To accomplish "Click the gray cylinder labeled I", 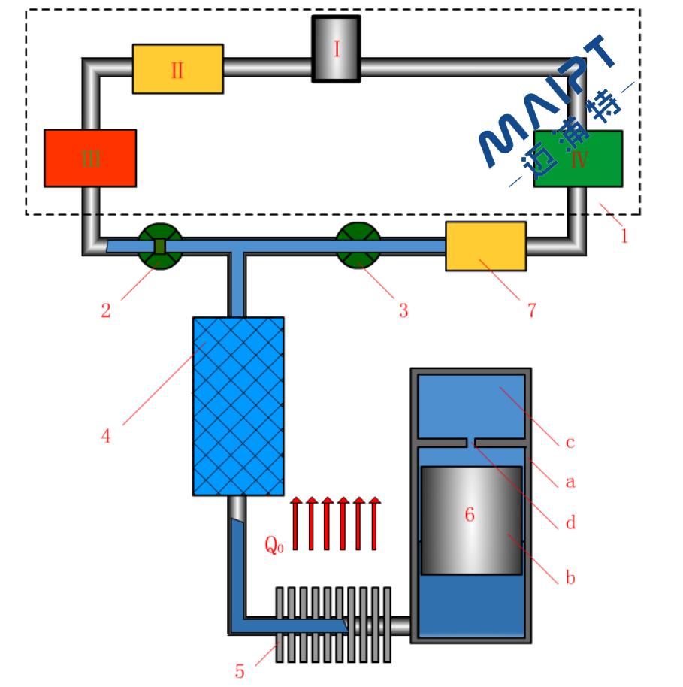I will pyautogui.click(x=336, y=49).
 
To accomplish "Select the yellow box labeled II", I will pyautogui.click(x=177, y=69).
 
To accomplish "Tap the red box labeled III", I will pyautogui.click(x=90, y=158).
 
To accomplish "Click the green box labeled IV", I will pyautogui.click(x=578, y=159).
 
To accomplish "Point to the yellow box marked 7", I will pyautogui.click(x=485, y=246).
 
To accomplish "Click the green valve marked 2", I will pyautogui.click(x=160, y=246).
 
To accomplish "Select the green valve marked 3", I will pyautogui.click(x=358, y=246).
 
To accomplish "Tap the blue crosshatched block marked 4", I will pyautogui.click(x=238, y=406).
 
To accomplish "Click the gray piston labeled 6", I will pyautogui.click(x=470, y=519).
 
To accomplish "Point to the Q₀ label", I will pyautogui.click(x=274, y=545).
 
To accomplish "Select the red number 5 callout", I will pyautogui.click(x=240, y=671).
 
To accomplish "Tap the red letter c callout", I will pyautogui.click(x=570, y=442).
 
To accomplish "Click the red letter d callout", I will pyautogui.click(x=570, y=522).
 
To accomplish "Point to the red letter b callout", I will pyautogui.click(x=570, y=578).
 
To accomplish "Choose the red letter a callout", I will pyautogui.click(x=570, y=482).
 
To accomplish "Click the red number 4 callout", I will pyautogui.click(x=106, y=435).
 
